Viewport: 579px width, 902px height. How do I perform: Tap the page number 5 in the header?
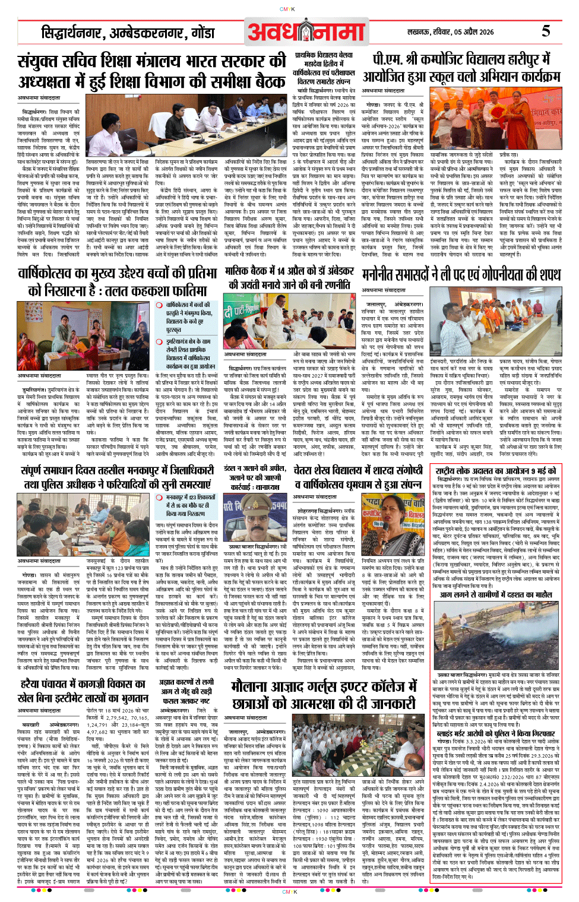point(545,31)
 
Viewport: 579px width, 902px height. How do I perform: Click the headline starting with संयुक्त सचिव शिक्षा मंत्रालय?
point(151,71)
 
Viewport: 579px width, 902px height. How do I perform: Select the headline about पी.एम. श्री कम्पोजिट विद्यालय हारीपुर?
point(461,68)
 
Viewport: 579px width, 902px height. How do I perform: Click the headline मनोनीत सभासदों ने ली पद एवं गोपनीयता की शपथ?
point(461,274)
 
